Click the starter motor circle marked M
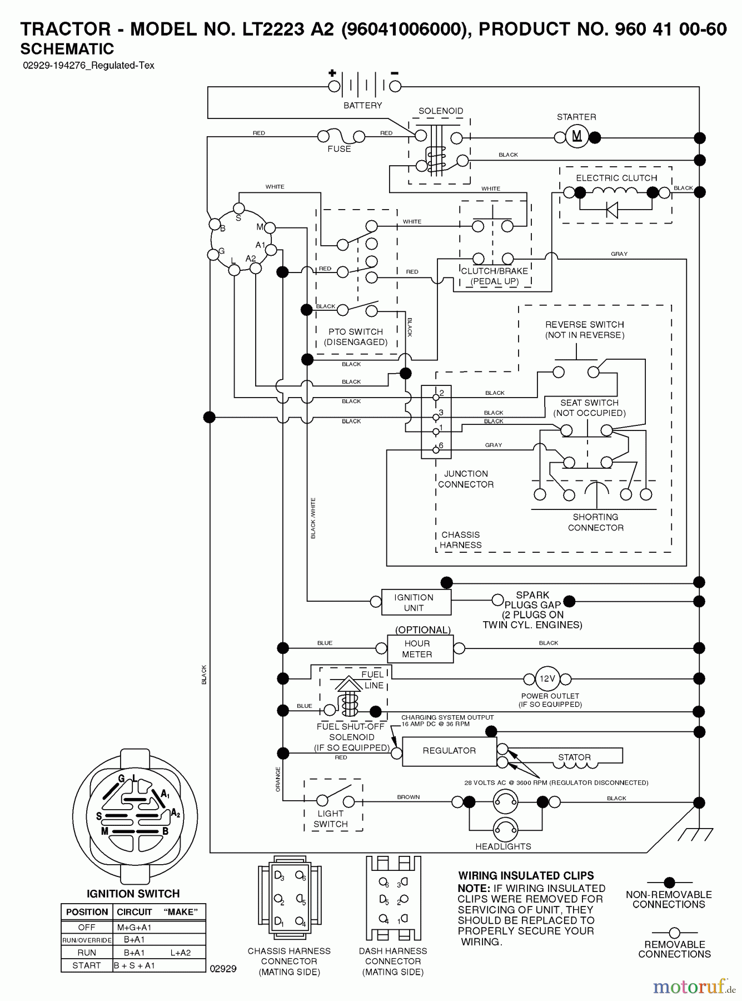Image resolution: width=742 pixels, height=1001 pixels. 577,137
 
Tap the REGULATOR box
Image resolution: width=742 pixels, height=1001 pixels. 449,751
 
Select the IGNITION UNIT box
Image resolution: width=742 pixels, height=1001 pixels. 416,602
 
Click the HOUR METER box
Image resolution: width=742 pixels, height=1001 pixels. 420,649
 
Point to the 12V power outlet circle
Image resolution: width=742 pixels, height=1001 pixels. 547,678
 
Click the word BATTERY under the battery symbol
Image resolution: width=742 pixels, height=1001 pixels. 362,105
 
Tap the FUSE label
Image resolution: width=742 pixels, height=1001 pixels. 339,149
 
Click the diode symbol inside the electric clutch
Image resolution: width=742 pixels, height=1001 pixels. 611,210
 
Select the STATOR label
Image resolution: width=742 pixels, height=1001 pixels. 574,757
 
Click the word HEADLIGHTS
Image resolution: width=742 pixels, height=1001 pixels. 503,846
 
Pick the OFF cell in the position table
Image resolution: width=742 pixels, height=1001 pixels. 87,927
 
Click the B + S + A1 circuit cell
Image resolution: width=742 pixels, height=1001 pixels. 135,965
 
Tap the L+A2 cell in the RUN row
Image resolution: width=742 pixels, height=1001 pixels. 180,953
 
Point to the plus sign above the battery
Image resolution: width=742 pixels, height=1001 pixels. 332,73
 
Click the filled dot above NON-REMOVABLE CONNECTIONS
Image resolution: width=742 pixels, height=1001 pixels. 669,882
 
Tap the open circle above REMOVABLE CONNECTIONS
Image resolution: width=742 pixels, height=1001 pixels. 674,933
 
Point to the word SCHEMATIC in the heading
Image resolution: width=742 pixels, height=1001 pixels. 67,49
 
